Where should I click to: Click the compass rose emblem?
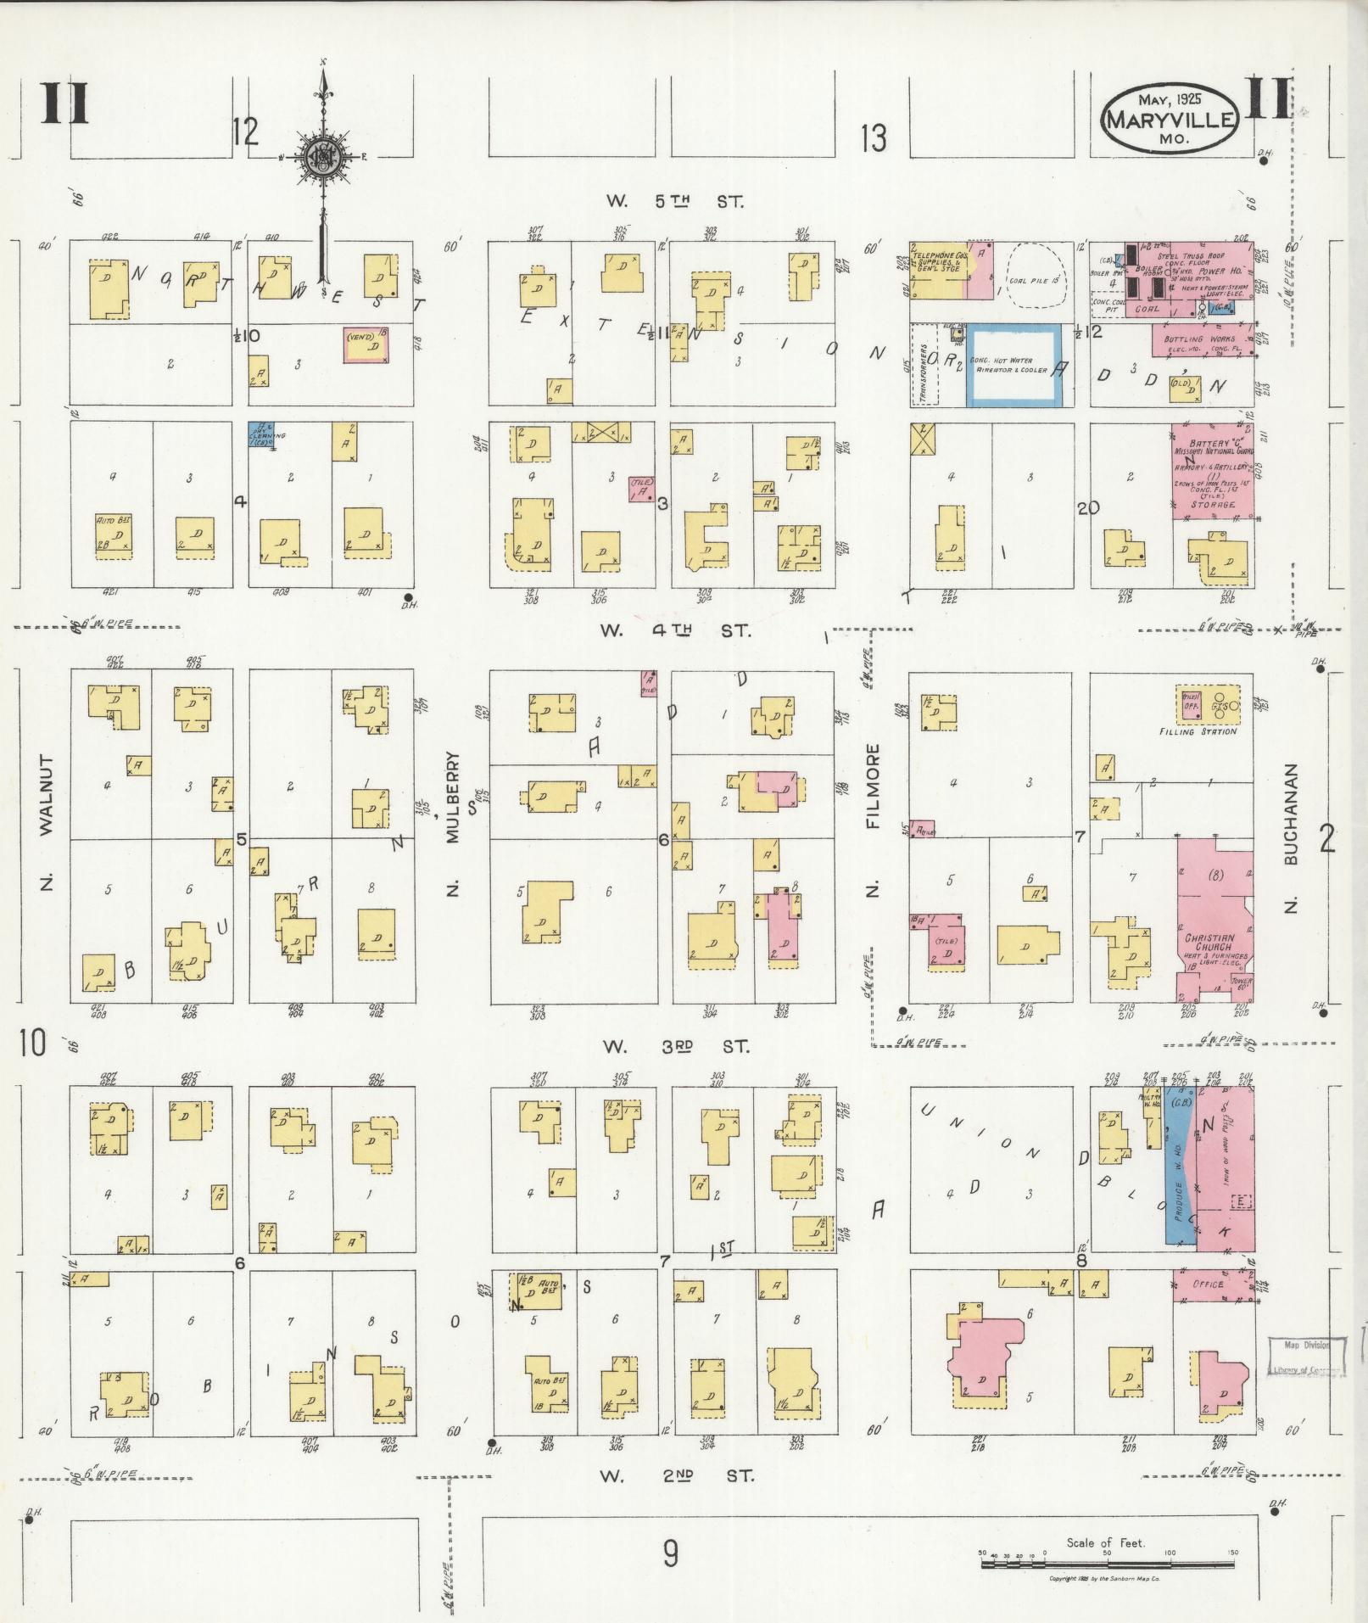coord(322,157)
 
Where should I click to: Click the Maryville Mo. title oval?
coord(1170,120)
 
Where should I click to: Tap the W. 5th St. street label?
coord(674,202)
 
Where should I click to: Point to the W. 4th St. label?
coord(674,630)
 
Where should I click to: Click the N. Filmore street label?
coord(874,819)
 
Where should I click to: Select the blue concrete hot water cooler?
coord(1014,365)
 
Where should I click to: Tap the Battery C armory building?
coord(1213,471)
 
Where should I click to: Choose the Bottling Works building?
coord(1200,342)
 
